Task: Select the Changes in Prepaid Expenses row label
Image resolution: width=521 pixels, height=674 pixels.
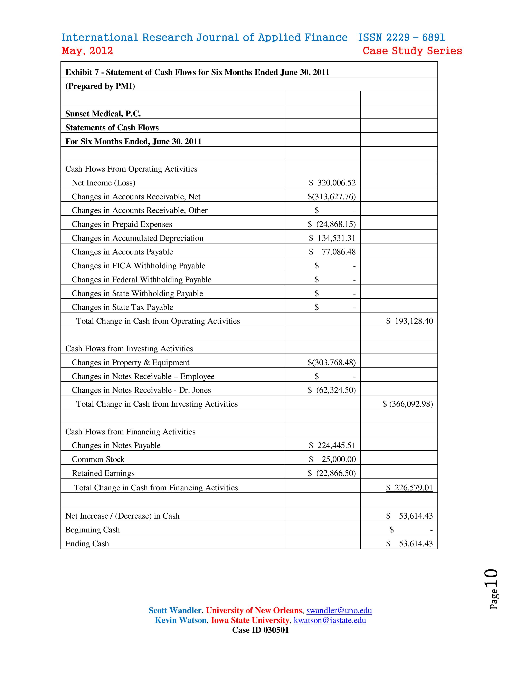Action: click(122, 224)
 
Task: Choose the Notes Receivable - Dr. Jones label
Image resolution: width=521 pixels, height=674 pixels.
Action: click(141, 390)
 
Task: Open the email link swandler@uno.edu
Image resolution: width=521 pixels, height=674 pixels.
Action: click(339, 610)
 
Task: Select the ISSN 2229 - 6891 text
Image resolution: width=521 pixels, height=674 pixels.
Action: click(401, 38)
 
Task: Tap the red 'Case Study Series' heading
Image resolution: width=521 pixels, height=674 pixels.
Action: click(412, 51)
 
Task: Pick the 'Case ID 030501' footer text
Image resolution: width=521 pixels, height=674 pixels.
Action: click(260, 630)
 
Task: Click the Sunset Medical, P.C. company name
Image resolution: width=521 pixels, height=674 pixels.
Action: click(103, 114)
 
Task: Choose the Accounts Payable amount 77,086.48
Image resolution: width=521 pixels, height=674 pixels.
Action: click(338, 252)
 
